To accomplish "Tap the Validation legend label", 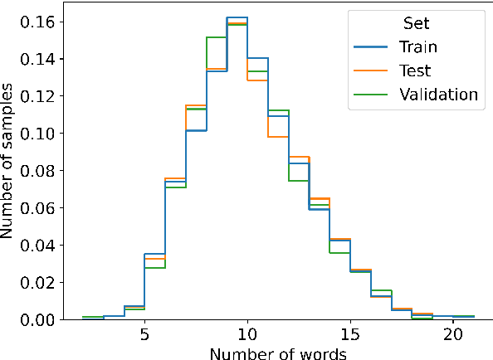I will tap(439, 95).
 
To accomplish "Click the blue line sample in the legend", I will tap(371, 47).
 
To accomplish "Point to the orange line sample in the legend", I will tap(371, 71).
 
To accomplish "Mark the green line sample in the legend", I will tap(371, 95).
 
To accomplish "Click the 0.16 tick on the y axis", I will tap(39, 22).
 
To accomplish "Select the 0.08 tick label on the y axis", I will tap(39, 170).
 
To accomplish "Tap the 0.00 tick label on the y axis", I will tap(39, 319).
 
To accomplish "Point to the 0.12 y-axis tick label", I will tap(39, 96).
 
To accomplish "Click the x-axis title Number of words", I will tap(278, 353).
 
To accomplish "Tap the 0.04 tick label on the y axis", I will tap(39, 245).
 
